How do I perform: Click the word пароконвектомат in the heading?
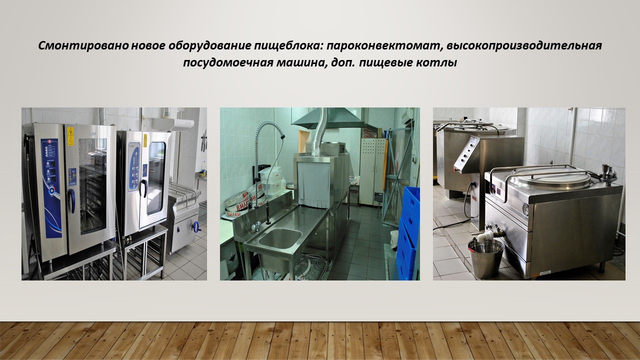point(383,45)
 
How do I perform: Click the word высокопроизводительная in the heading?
point(524,45)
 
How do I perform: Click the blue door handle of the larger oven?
point(71,200)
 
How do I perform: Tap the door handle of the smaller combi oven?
point(144,188)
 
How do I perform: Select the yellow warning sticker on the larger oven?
point(70,136)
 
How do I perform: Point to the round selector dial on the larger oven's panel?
point(51,191)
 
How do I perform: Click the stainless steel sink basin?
point(280,237)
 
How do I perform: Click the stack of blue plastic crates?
point(408,233)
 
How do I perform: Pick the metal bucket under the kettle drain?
point(485,258)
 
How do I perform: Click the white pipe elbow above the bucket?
point(483,237)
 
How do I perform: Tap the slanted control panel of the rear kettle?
point(466,154)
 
